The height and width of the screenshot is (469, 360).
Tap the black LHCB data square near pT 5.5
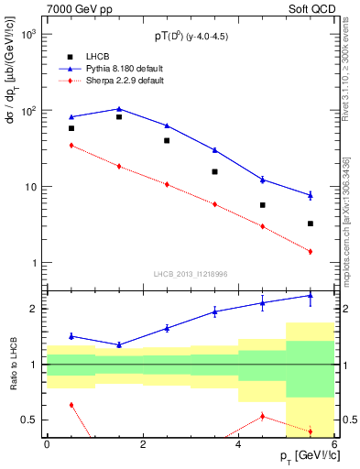pyautogui.click(x=311, y=224)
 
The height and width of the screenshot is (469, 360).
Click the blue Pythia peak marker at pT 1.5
pyautogui.click(x=119, y=109)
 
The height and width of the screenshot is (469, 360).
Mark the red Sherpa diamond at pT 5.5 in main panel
pyautogui.click(x=311, y=251)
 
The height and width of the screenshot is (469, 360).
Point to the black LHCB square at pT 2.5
pyautogui.click(x=167, y=140)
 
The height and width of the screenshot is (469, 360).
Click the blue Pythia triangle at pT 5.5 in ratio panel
pyautogui.click(x=311, y=296)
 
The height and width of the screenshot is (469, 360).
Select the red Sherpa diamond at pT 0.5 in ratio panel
pyautogui.click(x=71, y=405)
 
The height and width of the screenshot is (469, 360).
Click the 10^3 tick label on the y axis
pyautogui.click(x=30, y=34)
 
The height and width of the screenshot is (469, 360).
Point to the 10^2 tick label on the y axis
pyautogui.click(x=30, y=111)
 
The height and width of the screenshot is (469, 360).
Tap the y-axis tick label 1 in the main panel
pyautogui.click(x=35, y=264)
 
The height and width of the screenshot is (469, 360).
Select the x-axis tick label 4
pyautogui.click(x=238, y=444)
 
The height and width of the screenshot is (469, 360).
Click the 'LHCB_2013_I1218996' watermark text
pyautogui.click(x=190, y=274)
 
